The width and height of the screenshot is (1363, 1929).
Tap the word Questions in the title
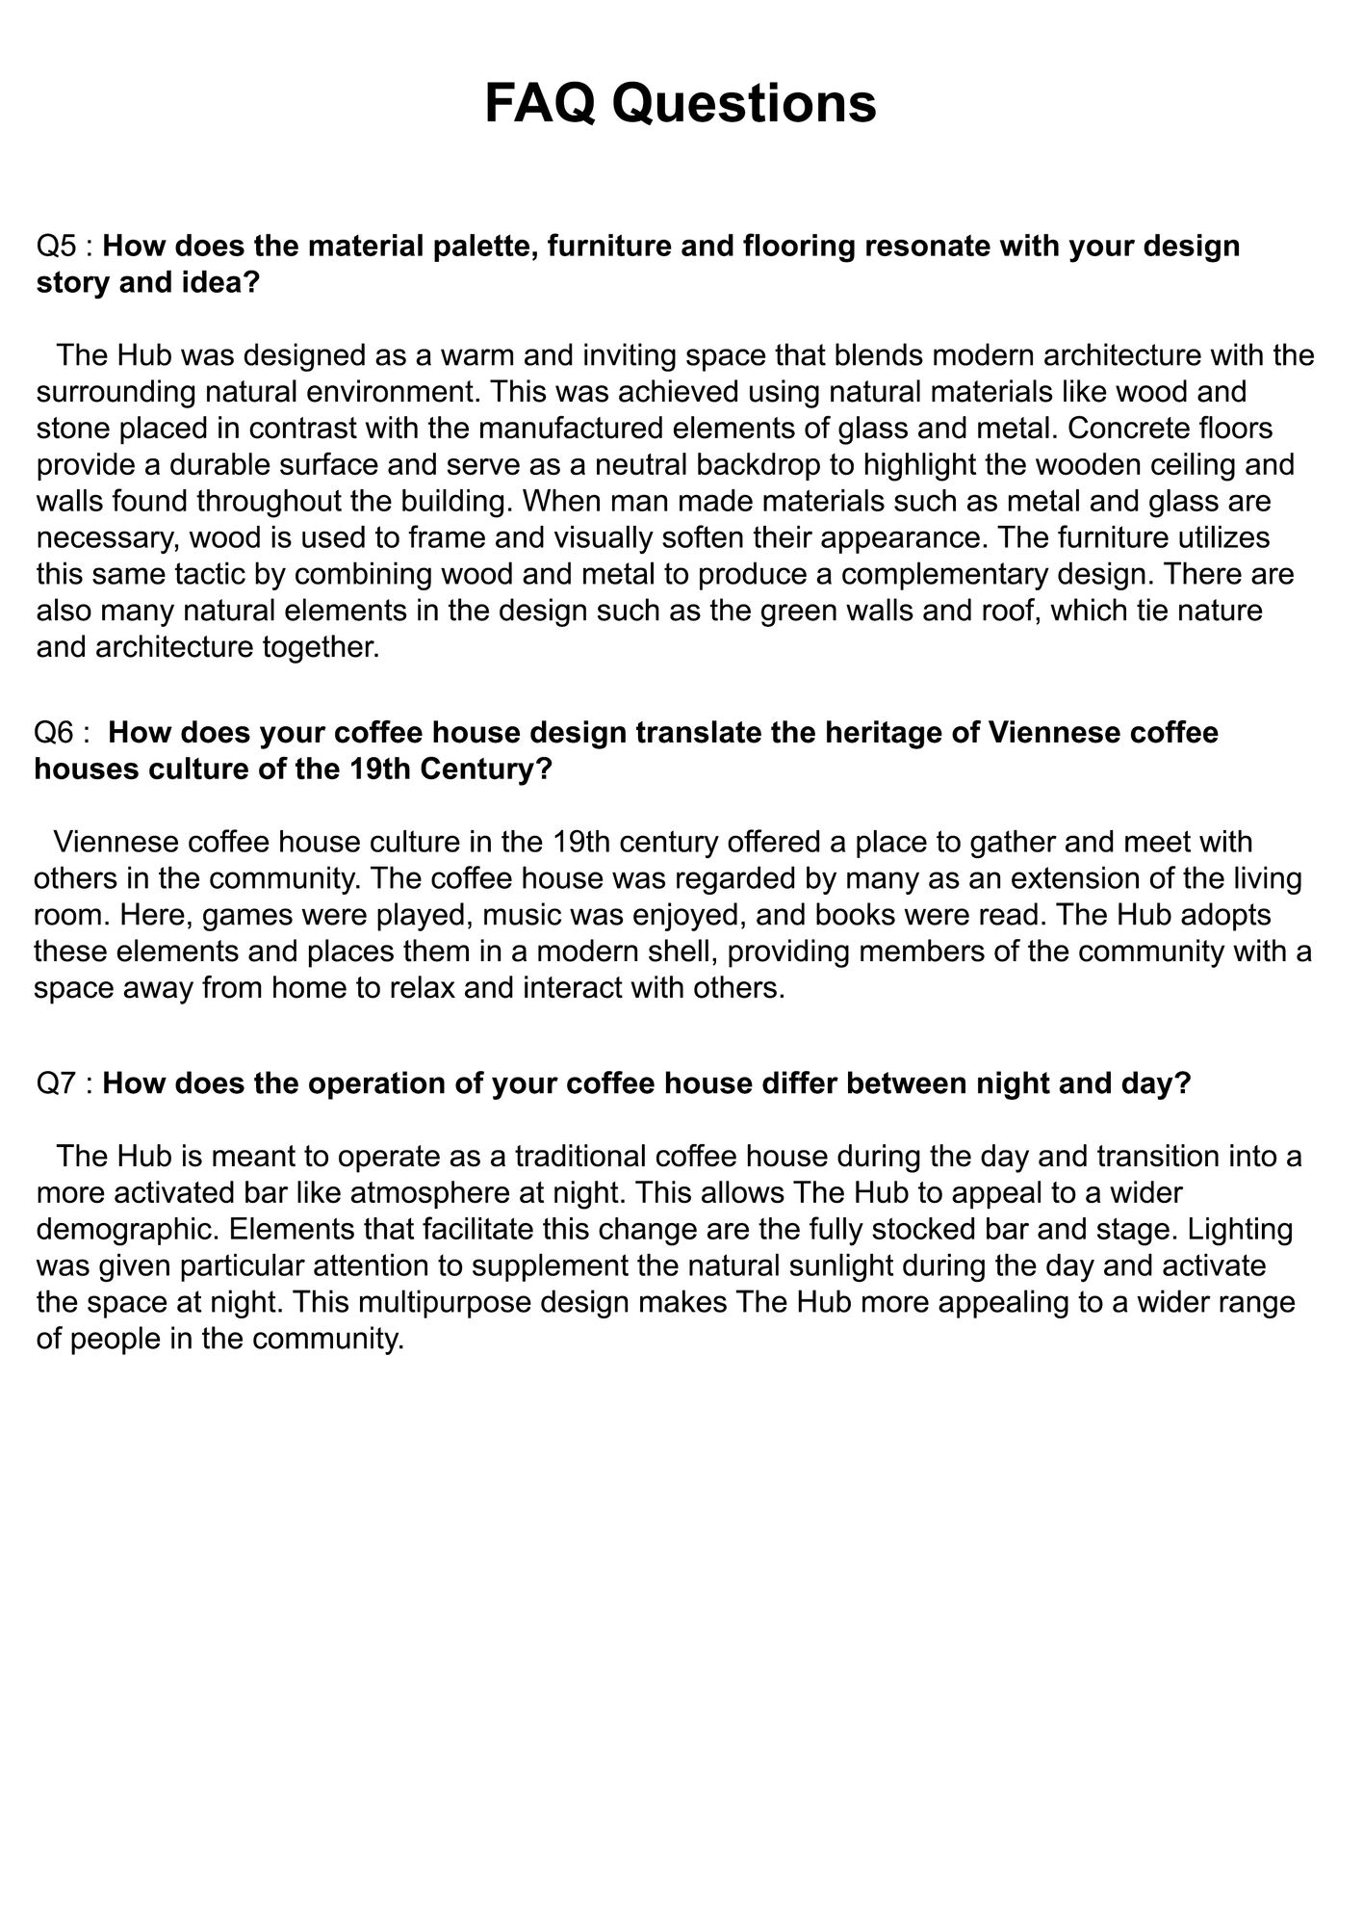(x=744, y=103)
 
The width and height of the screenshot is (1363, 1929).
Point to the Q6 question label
(x=54, y=732)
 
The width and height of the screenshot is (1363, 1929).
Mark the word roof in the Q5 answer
(x=1005, y=611)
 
